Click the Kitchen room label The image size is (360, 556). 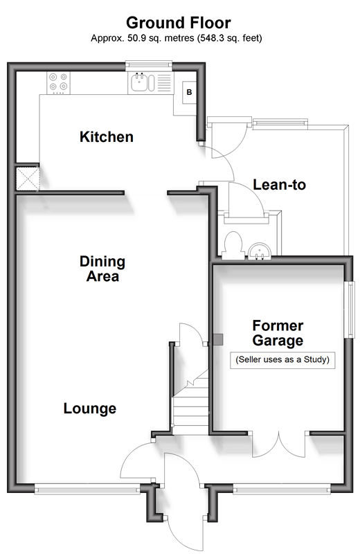click(107, 137)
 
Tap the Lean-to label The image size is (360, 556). click(279, 185)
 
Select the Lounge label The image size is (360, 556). click(90, 409)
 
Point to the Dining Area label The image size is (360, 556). click(102, 269)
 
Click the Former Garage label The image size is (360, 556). click(278, 332)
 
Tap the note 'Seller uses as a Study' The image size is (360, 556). click(282, 359)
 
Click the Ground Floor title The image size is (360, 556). click(179, 23)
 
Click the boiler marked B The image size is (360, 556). click(190, 92)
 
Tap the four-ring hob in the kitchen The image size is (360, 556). click(59, 82)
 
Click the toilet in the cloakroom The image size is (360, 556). click(233, 244)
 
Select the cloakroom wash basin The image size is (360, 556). click(260, 251)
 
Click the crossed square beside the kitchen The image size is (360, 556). click(28, 179)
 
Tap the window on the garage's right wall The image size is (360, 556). click(351, 310)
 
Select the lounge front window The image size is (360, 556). click(87, 490)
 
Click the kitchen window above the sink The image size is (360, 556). click(149, 64)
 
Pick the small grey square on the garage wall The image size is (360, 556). click(218, 340)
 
